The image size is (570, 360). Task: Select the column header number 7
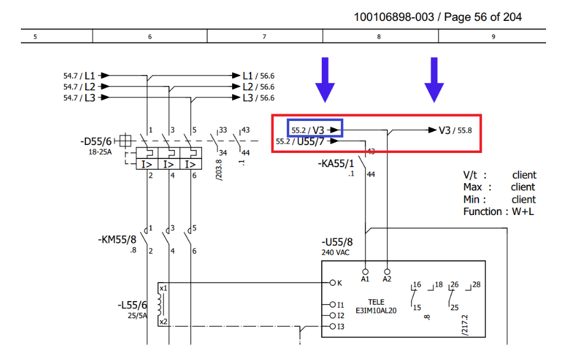264,37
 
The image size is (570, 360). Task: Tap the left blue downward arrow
325,79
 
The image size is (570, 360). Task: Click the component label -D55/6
98,141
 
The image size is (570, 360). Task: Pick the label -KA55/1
336,163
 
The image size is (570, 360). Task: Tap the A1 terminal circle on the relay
365,271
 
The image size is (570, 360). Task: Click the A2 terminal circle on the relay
387,271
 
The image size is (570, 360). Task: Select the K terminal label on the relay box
340,283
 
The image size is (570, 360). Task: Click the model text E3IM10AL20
377,310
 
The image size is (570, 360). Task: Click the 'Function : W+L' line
499,212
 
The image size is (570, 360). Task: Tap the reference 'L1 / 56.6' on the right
258,76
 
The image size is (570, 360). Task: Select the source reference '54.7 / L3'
80,98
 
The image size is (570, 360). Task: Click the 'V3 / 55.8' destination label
455,130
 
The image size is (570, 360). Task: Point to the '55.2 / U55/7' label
301,141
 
